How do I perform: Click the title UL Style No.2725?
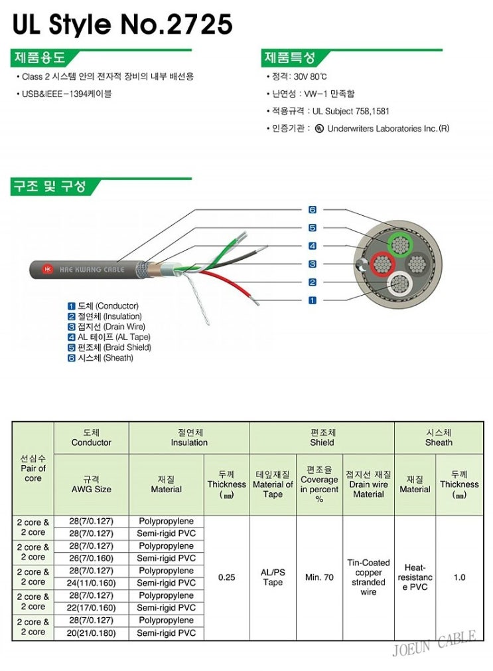(x=123, y=25)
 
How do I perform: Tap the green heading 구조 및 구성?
(x=50, y=187)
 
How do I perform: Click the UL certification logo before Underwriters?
(x=320, y=128)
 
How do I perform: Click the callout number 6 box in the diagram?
(x=313, y=210)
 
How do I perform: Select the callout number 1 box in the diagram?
(x=313, y=300)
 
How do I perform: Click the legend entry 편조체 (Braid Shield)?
(x=109, y=347)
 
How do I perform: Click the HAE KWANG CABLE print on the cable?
(x=82, y=269)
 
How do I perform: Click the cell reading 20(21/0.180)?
(x=91, y=633)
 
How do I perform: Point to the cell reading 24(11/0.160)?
(x=91, y=583)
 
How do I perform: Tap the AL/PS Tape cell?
(x=272, y=577)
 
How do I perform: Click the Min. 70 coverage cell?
(x=319, y=577)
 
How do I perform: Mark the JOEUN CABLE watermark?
(x=434, y=644)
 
